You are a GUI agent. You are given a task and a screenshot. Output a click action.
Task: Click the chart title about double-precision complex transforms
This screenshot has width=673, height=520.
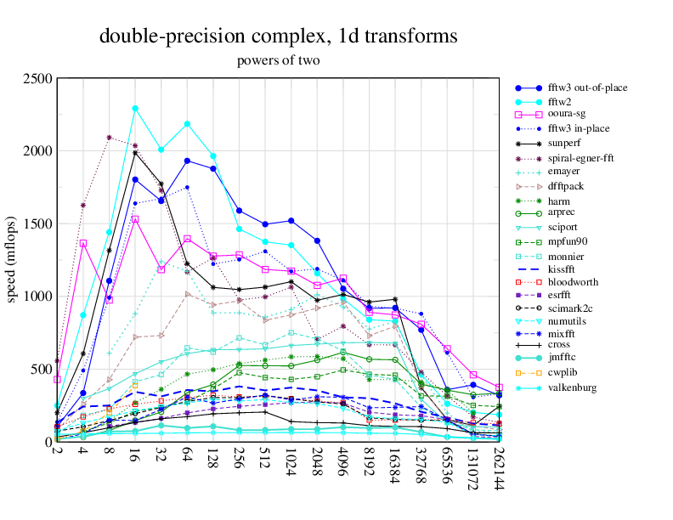click(279, 37)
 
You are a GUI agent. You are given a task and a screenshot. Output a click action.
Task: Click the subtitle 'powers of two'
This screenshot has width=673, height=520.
click(279, 60)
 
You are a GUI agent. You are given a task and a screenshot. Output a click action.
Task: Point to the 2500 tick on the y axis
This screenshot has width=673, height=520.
click(38, 79)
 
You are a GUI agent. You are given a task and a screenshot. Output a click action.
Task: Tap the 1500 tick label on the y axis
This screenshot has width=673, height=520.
click(38, 224)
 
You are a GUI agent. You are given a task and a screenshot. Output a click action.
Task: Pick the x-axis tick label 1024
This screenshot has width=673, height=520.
click(291, 462)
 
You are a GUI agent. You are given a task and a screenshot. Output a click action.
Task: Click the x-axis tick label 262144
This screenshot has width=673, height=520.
click(499, 468)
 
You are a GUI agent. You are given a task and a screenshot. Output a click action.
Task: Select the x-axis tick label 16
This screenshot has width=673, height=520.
click(135, 455)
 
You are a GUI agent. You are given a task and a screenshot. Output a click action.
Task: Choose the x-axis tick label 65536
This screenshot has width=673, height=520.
click(447, 465)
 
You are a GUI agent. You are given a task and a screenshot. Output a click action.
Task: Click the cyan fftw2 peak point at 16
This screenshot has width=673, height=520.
click(135, 109)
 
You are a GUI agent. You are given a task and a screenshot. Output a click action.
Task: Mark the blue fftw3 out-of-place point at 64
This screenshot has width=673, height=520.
click(187, 161)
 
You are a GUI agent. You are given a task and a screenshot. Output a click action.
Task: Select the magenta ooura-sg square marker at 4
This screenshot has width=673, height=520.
click(83, 243)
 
